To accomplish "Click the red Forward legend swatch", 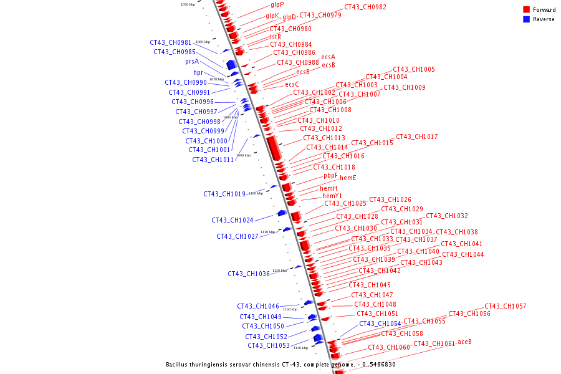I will (527, 10).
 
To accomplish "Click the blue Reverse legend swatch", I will (527, 19).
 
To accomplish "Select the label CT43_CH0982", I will (365, 7).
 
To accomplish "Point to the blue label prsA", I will (192, 62).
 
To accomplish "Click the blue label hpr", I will (198, 73).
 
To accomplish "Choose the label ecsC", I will (292, 85).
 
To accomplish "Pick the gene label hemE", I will (348, 178).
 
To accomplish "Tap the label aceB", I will (464, 342).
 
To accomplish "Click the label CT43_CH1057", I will (506, 307).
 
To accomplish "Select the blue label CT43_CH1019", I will (224, 194).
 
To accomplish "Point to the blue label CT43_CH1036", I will (249, 274).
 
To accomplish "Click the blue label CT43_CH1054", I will (380, 324).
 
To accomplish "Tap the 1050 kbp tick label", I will (188, 4).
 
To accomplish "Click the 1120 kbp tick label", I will (279, 271).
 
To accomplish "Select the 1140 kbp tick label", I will (300, 348).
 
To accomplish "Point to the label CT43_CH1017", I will (417, 137).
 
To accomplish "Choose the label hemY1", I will (332, 196).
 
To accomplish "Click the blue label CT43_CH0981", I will (171, 43).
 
